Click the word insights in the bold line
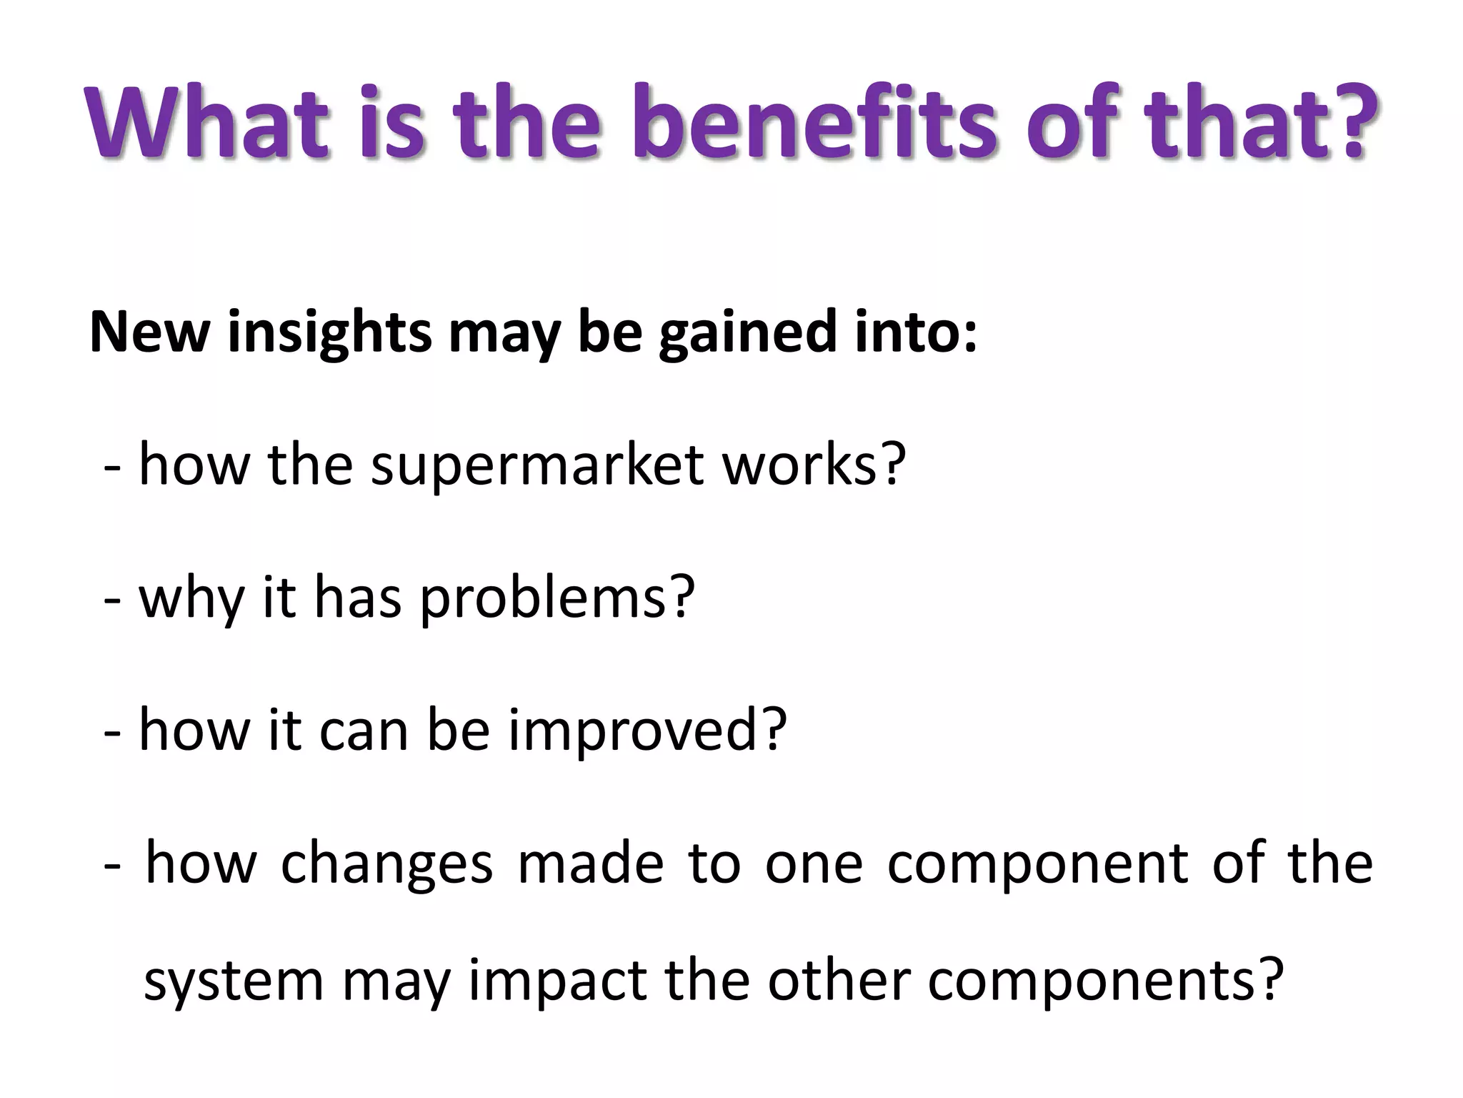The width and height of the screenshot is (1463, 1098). click(329, 333)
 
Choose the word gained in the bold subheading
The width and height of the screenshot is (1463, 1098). click(744, 333)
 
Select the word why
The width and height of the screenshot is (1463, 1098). click(191, 599)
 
